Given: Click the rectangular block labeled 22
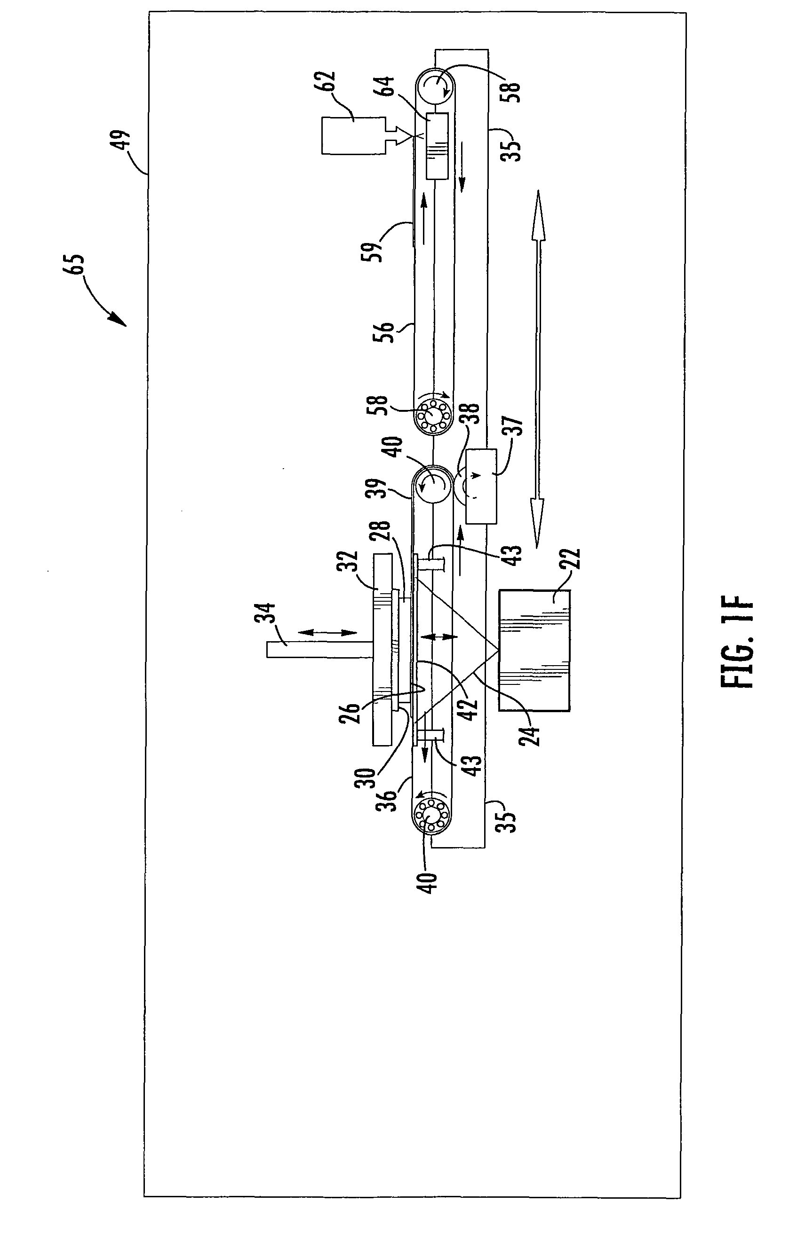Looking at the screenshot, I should (534, 650).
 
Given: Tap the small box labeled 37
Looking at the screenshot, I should (481, 486).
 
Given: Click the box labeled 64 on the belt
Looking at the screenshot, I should (437, 146).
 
